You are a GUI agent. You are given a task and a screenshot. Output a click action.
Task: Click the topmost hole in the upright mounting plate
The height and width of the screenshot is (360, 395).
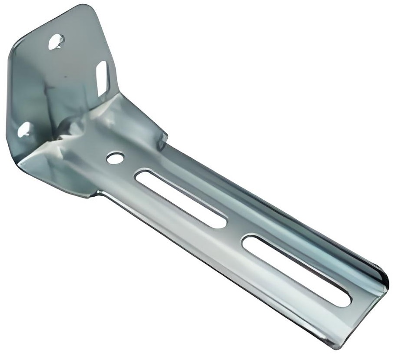point(56,41)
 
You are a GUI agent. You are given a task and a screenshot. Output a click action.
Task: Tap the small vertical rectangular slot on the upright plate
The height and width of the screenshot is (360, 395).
point(102,78)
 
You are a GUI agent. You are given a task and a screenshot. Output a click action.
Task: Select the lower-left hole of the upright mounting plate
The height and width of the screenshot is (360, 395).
point(24,129)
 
